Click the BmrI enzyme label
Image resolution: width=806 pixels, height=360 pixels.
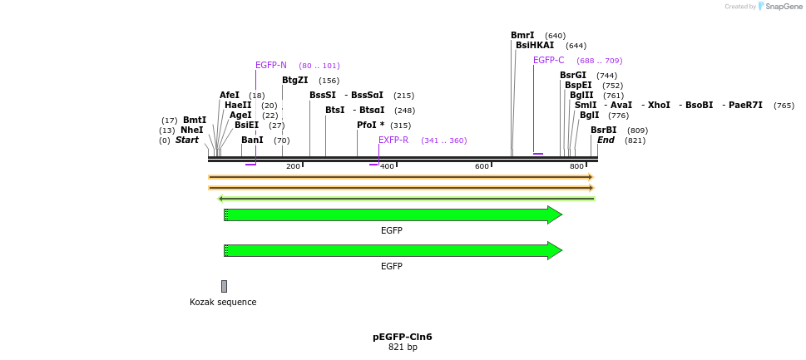coord(522,36)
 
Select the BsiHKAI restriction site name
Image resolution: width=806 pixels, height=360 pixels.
coord(534,46)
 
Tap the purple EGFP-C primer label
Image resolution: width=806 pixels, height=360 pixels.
coord(548,61)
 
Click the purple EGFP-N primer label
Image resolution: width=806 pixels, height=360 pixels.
coord(270,66)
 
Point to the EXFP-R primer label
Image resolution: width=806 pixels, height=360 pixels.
coord(393,141)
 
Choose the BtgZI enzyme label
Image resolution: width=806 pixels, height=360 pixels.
coord(294,81)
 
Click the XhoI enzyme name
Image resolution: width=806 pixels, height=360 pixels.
coord(659,106)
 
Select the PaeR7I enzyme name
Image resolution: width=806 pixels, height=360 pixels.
coord(745,106)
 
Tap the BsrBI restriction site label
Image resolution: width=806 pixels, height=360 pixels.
coord(603,131)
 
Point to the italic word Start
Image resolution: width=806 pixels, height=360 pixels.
coord(186,141)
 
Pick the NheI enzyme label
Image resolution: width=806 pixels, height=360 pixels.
coord(191,131)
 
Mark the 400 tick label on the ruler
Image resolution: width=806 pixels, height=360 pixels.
coord(387,167)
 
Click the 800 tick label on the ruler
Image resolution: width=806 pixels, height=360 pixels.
coord(576,167)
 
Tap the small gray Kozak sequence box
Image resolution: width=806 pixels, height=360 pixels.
coord(224,286)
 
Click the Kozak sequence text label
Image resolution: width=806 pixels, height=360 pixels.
coord(223,303)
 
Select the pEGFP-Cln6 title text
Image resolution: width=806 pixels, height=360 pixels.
coord(402,337)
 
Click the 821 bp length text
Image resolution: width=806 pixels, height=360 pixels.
coord(403,348)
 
